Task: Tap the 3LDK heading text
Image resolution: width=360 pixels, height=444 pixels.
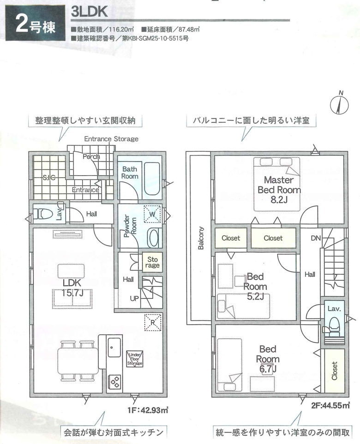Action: click(89, 12)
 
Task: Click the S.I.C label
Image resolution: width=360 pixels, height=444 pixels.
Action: click(49, 178)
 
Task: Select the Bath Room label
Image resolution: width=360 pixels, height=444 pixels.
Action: click(130, 173)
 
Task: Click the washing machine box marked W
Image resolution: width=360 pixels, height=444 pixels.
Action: click(152, 214)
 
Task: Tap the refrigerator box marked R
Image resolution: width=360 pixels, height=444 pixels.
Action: click(153, 322)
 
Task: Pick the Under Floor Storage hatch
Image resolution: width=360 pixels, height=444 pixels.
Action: click(135, 359)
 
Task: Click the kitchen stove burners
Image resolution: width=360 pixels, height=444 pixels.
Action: click(115, 383)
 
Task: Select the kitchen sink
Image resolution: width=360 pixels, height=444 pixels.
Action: click(114, 348)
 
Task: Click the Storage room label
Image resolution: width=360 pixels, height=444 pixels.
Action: click(152, 262)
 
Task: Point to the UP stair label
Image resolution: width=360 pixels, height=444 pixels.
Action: click(134, 299)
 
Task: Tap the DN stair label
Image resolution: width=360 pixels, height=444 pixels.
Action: click(316, 238)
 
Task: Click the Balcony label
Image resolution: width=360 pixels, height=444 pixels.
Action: click(201, 238)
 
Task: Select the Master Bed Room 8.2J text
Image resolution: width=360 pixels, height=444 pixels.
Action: click(279, 189)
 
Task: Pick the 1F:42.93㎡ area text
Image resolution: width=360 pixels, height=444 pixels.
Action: click(148, 410)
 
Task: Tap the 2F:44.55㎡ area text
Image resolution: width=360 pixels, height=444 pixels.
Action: click(330, 406)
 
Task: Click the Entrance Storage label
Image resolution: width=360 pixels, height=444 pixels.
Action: click(111, 139)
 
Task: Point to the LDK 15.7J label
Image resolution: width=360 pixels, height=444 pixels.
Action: click(72, 288)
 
